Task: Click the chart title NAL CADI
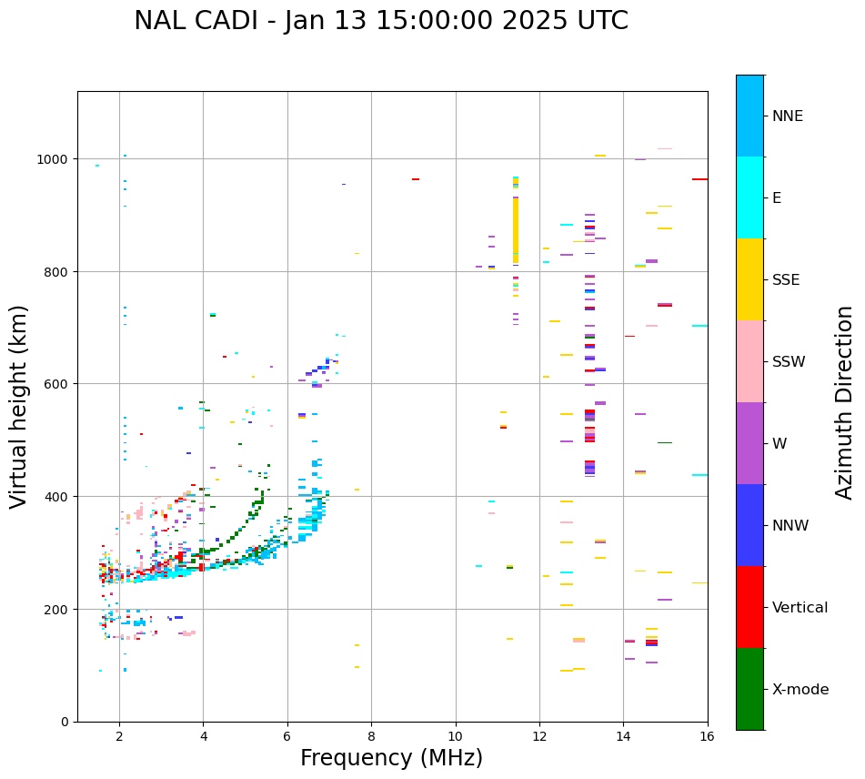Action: click(x=380, y=21)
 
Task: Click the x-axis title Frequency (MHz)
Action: click(x=391, y=758)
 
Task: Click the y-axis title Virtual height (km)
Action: click(x=19, y=406)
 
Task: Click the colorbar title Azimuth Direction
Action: click(x=844, y=402)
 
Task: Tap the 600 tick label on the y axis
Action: click(x=57, y=384)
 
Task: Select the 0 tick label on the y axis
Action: click(x=65, y=722)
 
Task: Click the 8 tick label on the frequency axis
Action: click(x=371, y=736)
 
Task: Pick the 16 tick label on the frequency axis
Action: click(x=707, y=736)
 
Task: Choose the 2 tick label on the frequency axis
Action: click(x=119, y=736)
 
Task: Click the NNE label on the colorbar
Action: click(x=788, y=116)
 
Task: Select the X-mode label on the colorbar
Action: click(x=800, y=690)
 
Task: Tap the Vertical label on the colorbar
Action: click(x=800, y=608)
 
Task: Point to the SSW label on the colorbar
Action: click(x=789, y=361)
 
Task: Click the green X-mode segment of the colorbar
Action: click(x=749, y=689)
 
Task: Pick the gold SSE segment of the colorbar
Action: click(x=749, y=279)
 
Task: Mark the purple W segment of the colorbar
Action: click(x=749, y=443)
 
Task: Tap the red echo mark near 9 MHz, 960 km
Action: click(x=416, y=179)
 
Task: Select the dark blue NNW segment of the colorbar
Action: click(x=749, y=525)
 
